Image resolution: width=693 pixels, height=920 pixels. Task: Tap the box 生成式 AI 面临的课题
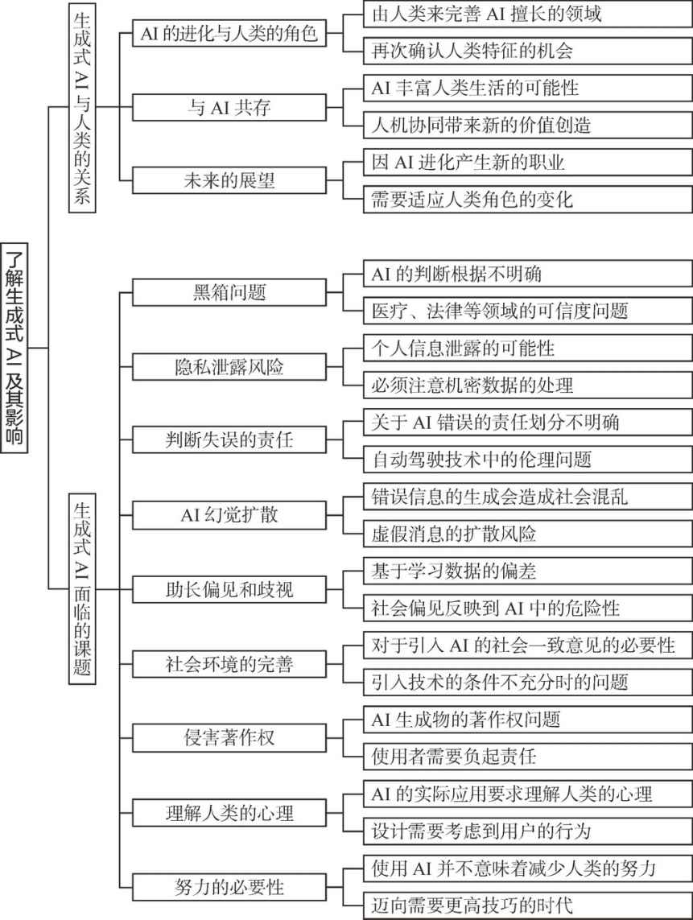pyautogui.click(x=81, y=588)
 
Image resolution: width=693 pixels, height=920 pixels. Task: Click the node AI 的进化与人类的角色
pyautogui.click(x=229, y=34)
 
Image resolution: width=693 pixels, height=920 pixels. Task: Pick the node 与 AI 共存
pyautogui.click(x=229, y=107)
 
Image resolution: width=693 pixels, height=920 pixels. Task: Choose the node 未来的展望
pyautogui.click(x=229, y=181)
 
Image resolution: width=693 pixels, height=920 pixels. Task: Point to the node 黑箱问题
pyautogui.click(x=229, y=292)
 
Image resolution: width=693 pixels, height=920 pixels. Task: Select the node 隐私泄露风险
pyautogui.click(x=229, y=366)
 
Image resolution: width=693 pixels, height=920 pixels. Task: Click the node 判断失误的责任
pyautogui.click(x=229, y=440)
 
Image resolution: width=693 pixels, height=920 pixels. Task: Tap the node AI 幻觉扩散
pyautogui.click(x=229, y=514)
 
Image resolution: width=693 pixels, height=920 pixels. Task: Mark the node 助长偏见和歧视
pyautogui.click(x=229, y=589)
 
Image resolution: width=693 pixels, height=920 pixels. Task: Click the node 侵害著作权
pyautogui.click(x=229, y=737)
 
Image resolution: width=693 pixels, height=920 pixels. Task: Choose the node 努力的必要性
pyautogui.click(x=229, y=886)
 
